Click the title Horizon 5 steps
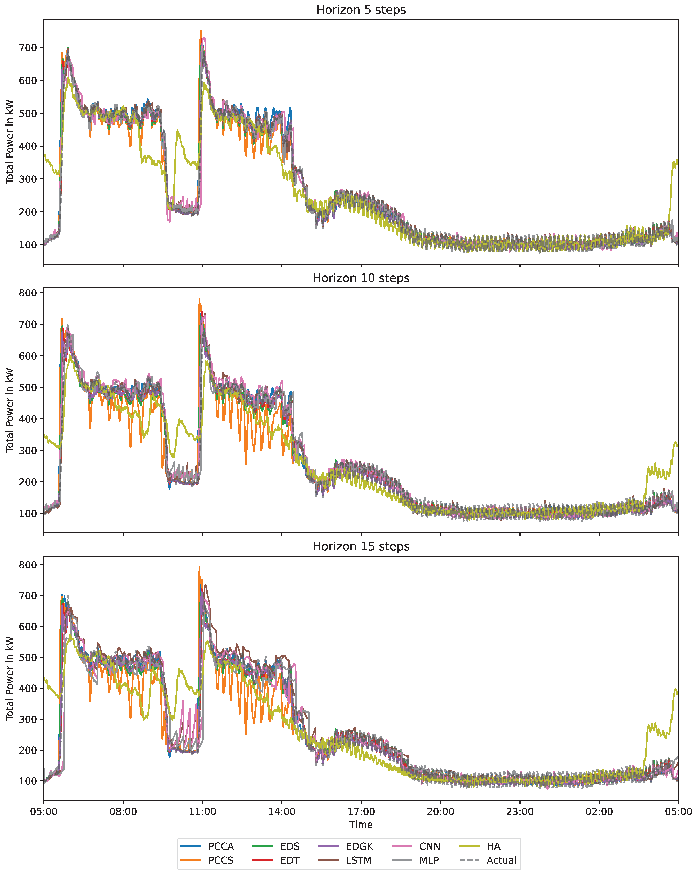361,10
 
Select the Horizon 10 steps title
361,278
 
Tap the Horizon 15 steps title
361,547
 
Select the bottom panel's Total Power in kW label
10,679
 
